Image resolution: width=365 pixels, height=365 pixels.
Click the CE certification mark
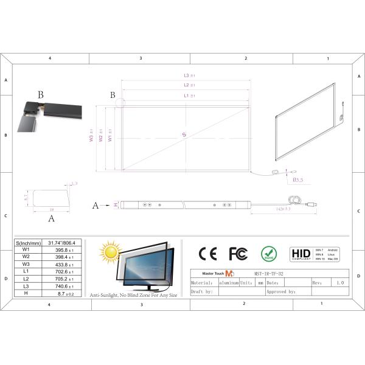(x=207, y=254)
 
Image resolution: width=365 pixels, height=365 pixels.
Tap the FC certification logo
(x=238, y=254)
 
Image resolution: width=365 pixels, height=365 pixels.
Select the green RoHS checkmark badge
(x=268, y=253)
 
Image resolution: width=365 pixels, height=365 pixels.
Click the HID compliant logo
(x=301, y=253)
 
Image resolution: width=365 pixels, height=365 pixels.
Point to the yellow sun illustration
(x=111, y=251)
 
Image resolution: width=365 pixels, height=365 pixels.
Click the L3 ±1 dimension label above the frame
(x=189, y=75)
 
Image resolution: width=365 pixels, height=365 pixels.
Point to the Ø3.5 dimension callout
(x=298, y=180)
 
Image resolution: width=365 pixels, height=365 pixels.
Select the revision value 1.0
(x=339, y=283)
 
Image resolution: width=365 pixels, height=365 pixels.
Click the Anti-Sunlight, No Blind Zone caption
(x=134, y=295)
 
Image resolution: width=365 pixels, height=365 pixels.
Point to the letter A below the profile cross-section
(x=51, y=217)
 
